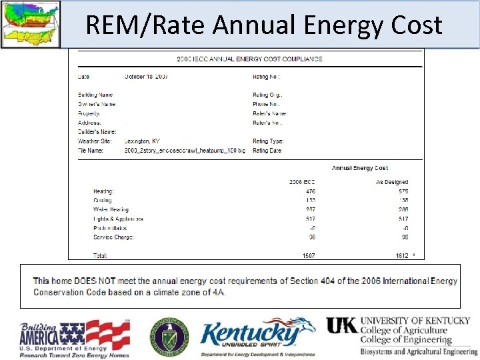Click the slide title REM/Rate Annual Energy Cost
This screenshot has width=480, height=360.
(x=264, y=25)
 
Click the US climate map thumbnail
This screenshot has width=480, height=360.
(x=30, y=24)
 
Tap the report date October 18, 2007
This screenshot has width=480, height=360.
(x=146, y=77)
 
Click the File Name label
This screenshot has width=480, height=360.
(x=91, y=151)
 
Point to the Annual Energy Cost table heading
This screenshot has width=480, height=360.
(x=360, y=168)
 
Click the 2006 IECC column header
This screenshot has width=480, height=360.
(x=302, y=182)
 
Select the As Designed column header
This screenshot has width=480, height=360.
(x=392, y=182)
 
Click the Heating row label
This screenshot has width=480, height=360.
(x=103, y=191)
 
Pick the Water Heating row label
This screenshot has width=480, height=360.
(x=111, y=210)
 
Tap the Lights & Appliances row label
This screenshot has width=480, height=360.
(x=118, y=219)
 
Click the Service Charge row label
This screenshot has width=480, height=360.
(x=113, y=237)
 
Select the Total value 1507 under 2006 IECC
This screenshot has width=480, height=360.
(x=309, y=255)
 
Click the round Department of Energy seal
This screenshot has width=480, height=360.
(x=169, y=337)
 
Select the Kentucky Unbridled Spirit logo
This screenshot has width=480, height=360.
(x=257, y=337)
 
